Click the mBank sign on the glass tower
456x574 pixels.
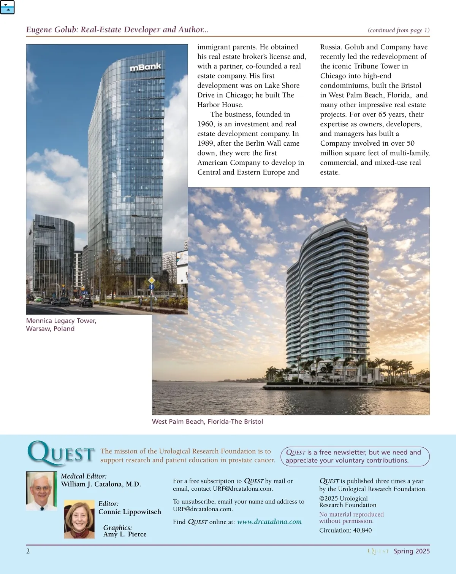[146, 67]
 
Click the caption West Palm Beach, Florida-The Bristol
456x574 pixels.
[207, 421]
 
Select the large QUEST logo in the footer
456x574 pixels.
[61, 453]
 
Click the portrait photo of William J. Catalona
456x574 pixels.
[41, 491]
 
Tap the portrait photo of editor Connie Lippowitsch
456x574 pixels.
[79, 519]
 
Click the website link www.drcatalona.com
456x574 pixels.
[269, 522]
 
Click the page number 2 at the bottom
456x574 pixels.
[28, 551]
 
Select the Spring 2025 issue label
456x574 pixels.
[412, 551]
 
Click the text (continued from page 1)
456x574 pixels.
[399, 30]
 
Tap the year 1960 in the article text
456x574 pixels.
[206, 124]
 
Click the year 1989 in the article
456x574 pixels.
[206, 143]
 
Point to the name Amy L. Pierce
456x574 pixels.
[125, 534]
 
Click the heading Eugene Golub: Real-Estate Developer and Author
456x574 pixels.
[117, 30]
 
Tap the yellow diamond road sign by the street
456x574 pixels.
[152, 280]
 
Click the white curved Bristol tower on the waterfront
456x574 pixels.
[327, 297]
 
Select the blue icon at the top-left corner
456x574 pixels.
[7, 7]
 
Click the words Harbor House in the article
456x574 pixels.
[220, 105]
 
